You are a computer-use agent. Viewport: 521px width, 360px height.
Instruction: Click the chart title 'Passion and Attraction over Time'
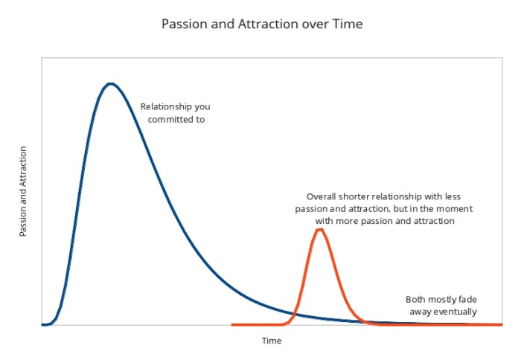[x=262, y=24]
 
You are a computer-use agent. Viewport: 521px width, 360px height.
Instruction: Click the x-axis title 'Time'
[x=271, y=341]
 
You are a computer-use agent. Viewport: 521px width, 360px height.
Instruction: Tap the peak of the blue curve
[x=111, y=83]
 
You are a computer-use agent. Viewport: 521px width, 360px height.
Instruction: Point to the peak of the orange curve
[x=320, y=229]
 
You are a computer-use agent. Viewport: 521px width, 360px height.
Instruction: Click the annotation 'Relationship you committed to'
[x=176, y=112]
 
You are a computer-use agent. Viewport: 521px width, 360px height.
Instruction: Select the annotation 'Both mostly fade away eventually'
[x=441, y=306]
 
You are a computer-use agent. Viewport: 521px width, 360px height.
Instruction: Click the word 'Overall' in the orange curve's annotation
[x=322, y=197]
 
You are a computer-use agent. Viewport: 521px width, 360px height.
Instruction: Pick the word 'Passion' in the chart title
[x=182, y=24]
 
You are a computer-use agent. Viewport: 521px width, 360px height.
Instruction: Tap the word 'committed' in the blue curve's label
[x=170, y=118]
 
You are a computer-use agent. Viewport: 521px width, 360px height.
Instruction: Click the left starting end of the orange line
[x=233, y=325]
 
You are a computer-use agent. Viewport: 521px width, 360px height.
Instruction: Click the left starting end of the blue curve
[x=43, y=325]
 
